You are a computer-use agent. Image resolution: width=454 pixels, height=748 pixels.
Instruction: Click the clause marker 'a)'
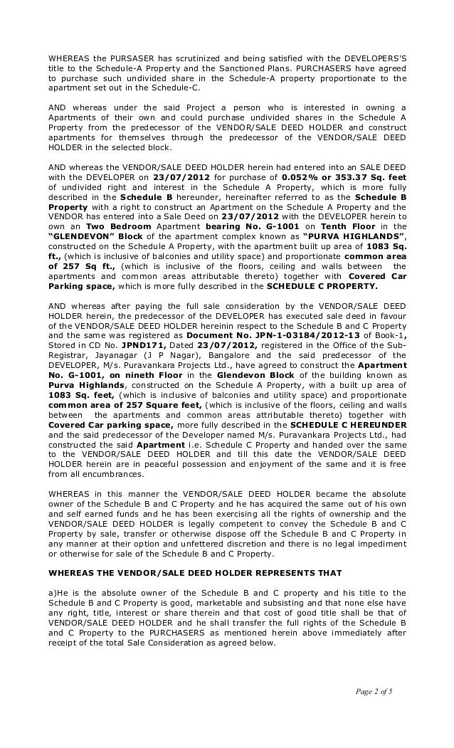[x=52, y=593]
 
